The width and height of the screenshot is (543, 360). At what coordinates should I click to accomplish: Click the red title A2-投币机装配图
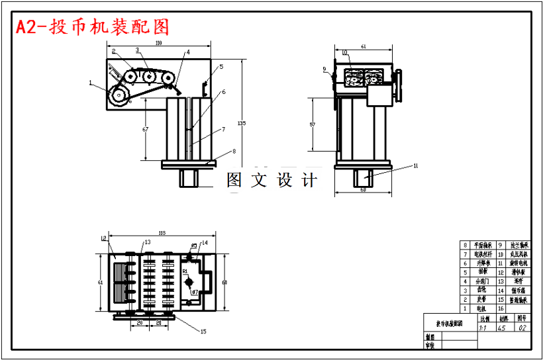pyautogui.click(x=93, y=26)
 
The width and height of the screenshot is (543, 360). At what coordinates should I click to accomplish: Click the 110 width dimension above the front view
pyautogui.click(x=159, y=42)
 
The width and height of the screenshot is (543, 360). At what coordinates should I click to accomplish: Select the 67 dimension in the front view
pyautogui.click(x=145, y=130)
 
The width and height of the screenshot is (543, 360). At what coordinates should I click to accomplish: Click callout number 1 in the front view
pyautogui.click(x=90, y=83)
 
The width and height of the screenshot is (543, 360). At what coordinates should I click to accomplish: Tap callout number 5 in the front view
pyautogui.click(x=221, y=67)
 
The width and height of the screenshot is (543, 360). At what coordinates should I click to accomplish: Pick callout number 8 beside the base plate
pyautogui.click(x=233, y=152)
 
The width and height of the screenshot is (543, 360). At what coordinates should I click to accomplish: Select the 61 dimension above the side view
pyautogui.click(x=364, y=46)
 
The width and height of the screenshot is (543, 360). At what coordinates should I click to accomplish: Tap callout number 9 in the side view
pyautogui.click(x=325, y=69)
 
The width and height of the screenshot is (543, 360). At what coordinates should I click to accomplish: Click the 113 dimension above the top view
pyautogui.click(x=162, y=232)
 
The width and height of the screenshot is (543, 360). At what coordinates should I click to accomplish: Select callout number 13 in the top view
pyautogui.click(x=148, y=243)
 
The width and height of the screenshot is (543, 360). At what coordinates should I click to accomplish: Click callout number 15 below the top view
pyautogui.click(x=203, y=331)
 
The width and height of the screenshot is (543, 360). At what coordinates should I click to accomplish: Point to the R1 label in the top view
pyautogui.click(x=185, y=271)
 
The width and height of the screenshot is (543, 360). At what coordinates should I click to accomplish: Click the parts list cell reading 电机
pyautogui.click(x=481, y=308)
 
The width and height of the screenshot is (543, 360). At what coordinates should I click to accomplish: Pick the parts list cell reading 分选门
pyautogui.click(x=481, y=281)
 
